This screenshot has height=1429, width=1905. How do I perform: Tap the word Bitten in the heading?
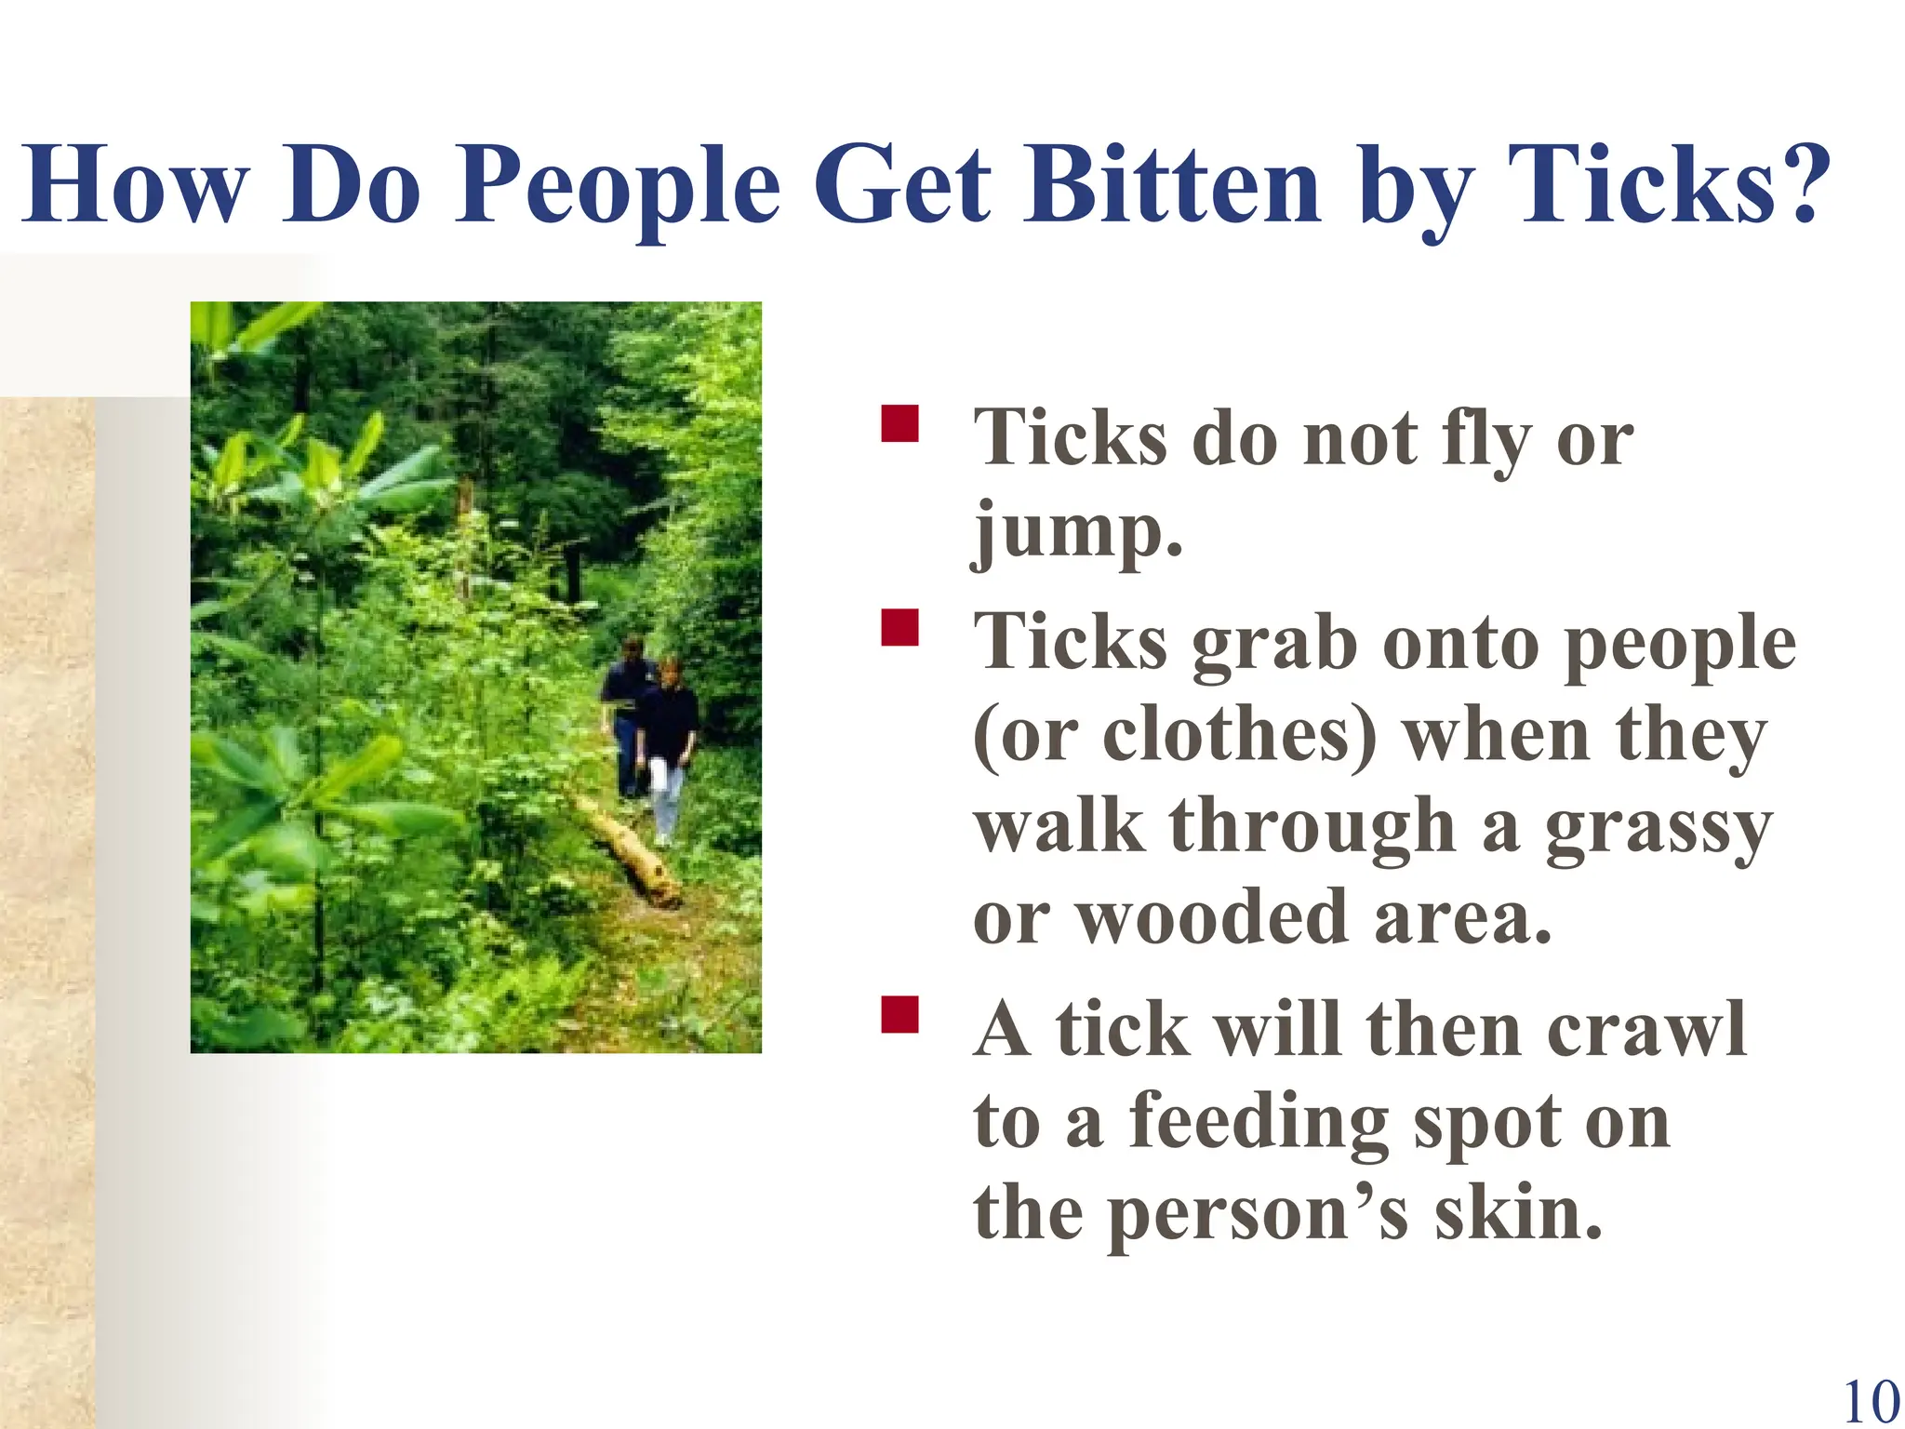[x=1171, y=186]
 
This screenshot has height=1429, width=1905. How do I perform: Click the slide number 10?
[x=1871, y=1401]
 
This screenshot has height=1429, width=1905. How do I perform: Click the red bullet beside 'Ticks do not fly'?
[x=899, y=422]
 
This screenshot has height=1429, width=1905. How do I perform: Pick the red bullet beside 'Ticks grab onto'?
[x=899, y=627]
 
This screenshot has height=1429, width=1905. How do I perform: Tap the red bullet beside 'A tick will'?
[x=899, y=1014]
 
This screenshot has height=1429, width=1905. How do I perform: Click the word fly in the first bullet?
[x=1485, y=439]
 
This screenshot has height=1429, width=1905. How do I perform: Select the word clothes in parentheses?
[x=1238, y=735]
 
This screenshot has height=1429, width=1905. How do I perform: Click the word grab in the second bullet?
[x=1274, y=644]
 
